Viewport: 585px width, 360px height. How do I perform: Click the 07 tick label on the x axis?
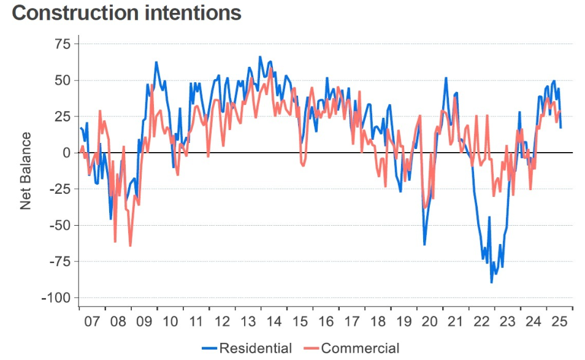[x=92, y=321]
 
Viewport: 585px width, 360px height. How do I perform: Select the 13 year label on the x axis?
[x=248, y=321]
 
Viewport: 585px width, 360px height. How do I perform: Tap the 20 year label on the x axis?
[x=430, y=321]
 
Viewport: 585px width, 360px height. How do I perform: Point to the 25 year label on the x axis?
[x=559, y=321]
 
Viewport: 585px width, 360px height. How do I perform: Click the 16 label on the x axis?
[x=326, y=321]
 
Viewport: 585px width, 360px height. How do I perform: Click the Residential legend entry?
[x=255, y=348]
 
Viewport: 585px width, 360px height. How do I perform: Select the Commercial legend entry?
[x=360, y=348]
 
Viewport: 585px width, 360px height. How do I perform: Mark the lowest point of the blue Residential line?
[x=491, y=282]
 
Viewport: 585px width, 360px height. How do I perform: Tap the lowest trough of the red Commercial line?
[x=130, y=245]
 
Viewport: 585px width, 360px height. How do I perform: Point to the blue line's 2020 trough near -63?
[x=424, y=244]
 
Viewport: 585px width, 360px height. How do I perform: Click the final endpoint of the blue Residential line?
[x=560, y=127]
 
